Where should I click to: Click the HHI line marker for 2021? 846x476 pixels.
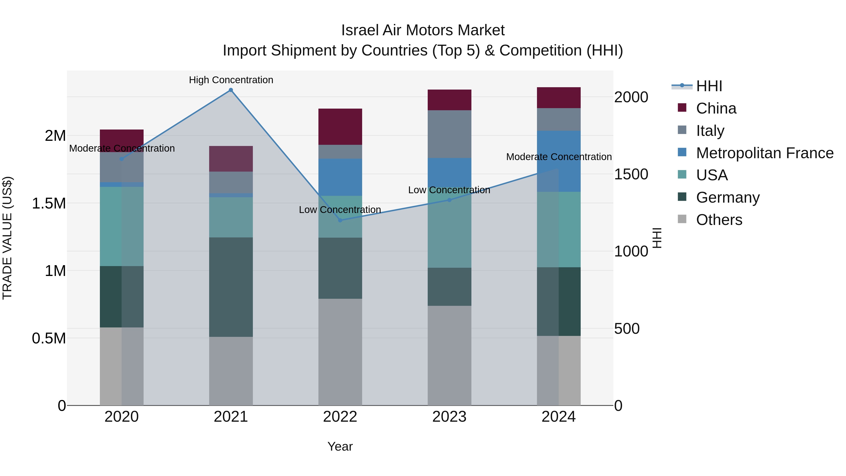(x=231, y=90)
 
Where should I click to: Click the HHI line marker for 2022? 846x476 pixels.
(x=340, y=220)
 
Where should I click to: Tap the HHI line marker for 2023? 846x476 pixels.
(x=450, y=200)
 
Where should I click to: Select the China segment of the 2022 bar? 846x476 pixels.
(x=340, y=127)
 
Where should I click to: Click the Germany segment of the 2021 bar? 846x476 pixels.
(x=231, y=287)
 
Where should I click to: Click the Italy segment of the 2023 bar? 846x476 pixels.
(x=449, y=134)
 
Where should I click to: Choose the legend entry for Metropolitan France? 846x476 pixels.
(x=764, y=153)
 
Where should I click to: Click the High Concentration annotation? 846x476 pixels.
(x=231, y=80)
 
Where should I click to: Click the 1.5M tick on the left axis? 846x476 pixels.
(x=49, y=204)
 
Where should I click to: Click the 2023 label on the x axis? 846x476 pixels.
(x=449, y=417)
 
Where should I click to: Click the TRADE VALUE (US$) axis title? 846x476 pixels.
(x=7, y=238)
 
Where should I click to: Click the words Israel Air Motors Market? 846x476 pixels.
(x=423, y=30)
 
